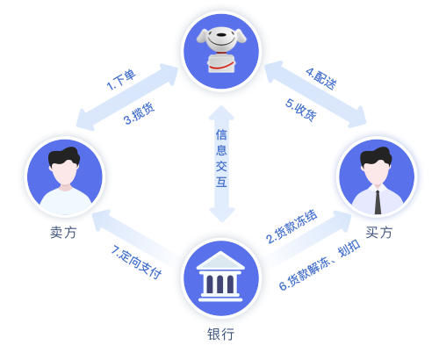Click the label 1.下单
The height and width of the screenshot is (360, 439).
[x=121, y=79]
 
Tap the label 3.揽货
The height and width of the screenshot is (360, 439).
[x=139, y=113]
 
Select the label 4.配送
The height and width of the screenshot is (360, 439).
[x=321, y=79]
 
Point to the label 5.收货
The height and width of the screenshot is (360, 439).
[x=301, y=110]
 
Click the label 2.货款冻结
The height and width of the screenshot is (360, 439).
[x=291, y=227]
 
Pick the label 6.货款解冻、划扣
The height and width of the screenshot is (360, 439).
[x=320, y=265]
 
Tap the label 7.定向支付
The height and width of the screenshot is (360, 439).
[x=136, y=263]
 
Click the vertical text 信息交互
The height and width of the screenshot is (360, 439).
[x=221, y=158]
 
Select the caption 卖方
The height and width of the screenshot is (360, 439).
[x=63, y=233]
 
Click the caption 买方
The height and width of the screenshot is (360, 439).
[x=378, y=233]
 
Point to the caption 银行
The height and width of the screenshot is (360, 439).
[x=221, y=334]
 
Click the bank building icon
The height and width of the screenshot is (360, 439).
[x=220, y=277]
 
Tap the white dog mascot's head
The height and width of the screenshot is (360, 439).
[x=221, y=39]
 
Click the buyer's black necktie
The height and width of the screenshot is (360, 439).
[x=378, y=202]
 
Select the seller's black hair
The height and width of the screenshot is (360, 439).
[x=64, y=156]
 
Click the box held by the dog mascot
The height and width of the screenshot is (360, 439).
[x=221, y=63]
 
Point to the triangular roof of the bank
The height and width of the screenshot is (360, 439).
[x=220, y=261]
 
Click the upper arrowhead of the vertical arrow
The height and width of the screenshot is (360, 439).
[x=221, y=112]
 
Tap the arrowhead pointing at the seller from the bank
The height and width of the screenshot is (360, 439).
[x=102, y=220]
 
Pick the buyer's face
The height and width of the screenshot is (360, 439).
[x=377, y=173]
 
